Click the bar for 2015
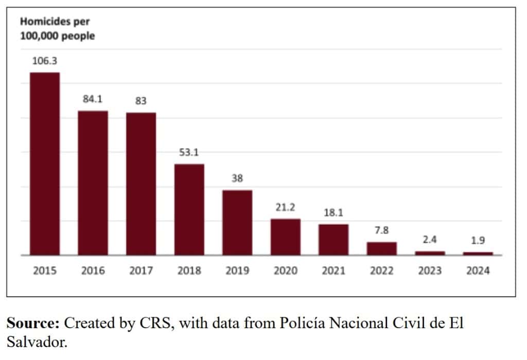coord(45,164)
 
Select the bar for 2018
coord(189,209)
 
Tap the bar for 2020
coord(286,237)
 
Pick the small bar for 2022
coord(382,248)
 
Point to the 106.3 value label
coord(45,61)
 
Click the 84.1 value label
coord(93,99)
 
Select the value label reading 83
coord(140,101)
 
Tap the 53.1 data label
coord(189,153)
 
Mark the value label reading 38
coord(237,178)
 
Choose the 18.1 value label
coord(333,212)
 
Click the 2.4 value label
coord(430,240)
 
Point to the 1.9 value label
coord(478,240)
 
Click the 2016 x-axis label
coord(93,271)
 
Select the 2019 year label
coord(237,271)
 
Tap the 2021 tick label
coord(333,271)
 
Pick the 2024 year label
coord(478,271)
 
